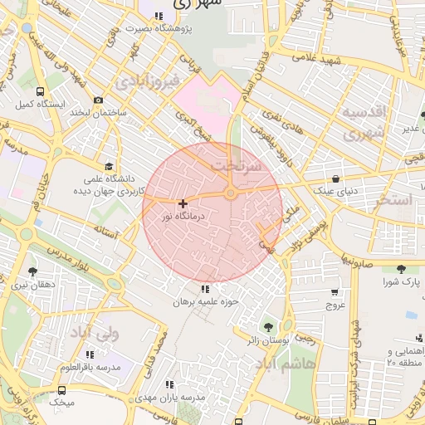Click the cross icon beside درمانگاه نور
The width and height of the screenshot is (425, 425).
coord(183,203)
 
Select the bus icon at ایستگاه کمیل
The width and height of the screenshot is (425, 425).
coord(41,91)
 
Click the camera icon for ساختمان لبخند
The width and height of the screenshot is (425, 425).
coord(99,100)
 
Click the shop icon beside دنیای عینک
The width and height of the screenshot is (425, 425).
coord(335,178)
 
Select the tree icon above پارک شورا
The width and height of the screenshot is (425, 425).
coord(402,269)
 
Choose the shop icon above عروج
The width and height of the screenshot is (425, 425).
coord(335,292)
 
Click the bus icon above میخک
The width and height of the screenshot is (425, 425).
coord(62,389)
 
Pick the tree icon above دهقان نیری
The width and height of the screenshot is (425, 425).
coord(33,271)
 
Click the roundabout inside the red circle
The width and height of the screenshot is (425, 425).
coord(230,193)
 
